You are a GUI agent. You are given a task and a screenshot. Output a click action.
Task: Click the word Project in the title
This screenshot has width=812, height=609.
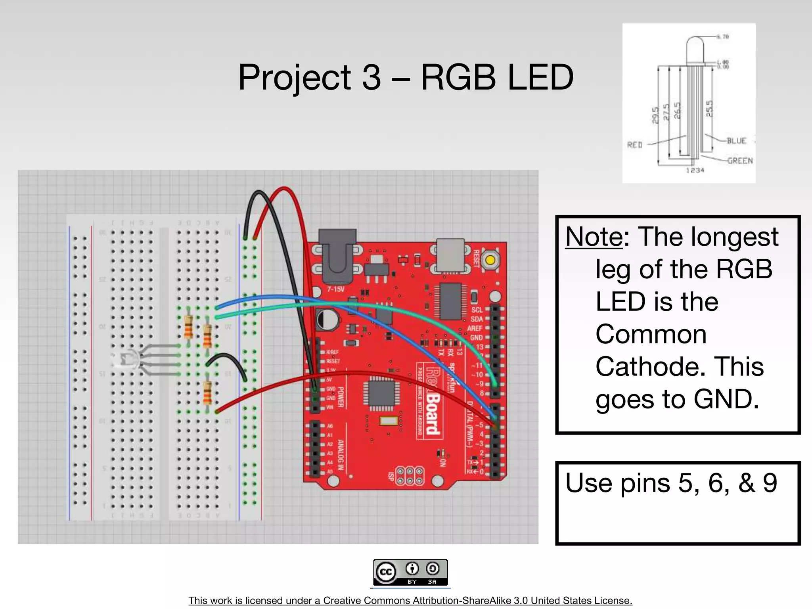tap(294, 78)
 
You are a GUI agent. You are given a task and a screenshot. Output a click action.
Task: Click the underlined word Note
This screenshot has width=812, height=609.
tap(594, 237)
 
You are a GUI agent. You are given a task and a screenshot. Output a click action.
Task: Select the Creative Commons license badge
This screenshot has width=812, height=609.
tap(410, 573)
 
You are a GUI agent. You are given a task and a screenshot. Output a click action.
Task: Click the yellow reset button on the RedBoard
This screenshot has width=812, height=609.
tap(490, 260)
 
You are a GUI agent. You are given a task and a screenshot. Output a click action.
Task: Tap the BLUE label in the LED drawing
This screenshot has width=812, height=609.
tap(736, 141)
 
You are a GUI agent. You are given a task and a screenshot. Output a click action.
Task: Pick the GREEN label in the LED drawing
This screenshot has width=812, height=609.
tap(740, 161)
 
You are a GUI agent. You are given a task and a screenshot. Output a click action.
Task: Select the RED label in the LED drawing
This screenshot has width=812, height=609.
tap(635, 145)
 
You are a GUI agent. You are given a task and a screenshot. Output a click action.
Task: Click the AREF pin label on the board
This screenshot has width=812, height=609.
tap(475, 328)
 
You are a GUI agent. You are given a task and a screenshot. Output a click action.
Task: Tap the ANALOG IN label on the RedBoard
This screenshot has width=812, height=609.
tap(340, 454)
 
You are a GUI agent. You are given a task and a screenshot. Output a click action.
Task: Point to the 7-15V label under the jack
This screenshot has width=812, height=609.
tap(335, 289)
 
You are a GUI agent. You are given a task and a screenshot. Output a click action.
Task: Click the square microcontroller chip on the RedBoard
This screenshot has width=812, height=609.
tap(382, 393)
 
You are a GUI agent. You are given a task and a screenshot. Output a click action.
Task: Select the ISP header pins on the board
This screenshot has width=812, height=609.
tap(410, 476)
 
